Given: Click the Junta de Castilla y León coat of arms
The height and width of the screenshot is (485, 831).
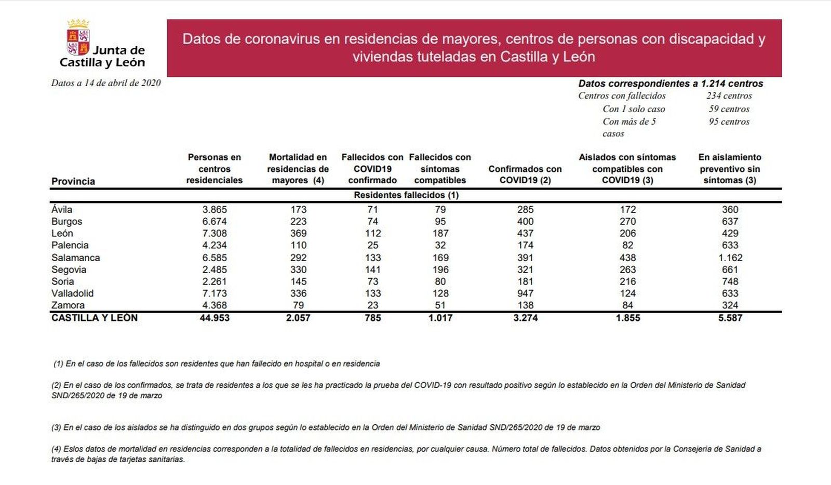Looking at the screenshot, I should [x=78, y=38].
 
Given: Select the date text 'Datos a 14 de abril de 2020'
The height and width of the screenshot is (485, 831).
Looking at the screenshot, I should [x=106, y=83].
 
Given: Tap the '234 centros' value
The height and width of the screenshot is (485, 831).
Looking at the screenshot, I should [x=729, y=96].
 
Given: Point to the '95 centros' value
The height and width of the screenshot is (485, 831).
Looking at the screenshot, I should [x=729, y=122].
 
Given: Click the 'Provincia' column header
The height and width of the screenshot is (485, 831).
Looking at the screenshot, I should [x=73, y=181].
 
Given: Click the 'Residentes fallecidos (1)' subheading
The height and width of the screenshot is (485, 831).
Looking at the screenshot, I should [x=406, y=195].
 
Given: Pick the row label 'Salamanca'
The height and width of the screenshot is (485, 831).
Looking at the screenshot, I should [x=75, y=258].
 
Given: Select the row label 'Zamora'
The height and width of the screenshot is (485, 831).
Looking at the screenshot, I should [x=68, y=305].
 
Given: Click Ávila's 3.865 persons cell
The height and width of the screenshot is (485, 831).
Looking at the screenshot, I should [x=215, y=210].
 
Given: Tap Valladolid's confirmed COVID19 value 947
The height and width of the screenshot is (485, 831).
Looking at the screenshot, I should [x=525, y=293].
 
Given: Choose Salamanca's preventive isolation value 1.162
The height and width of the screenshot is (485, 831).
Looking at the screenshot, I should [x=730, y=258].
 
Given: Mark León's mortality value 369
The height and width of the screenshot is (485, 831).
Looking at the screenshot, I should [x=298, y=234].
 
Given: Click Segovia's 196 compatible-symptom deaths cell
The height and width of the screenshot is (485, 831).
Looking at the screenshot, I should [x=440, y=270].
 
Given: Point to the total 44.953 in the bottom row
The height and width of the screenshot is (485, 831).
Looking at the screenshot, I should [x=215, y=318].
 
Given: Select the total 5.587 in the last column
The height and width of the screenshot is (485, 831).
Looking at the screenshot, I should [x=730, y=318].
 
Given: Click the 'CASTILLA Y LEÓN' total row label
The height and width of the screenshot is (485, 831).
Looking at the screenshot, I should [x=95, y=318].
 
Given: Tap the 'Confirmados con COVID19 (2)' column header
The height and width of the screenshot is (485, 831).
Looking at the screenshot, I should [x=525, y=174].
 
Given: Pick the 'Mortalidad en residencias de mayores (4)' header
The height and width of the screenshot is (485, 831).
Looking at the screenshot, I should [x=298, y=169].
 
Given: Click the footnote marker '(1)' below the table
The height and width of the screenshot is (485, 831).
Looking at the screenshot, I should [x=58, y=364].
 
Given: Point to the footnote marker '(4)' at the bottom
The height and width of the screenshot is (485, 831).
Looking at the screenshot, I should [x=56, y=449].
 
